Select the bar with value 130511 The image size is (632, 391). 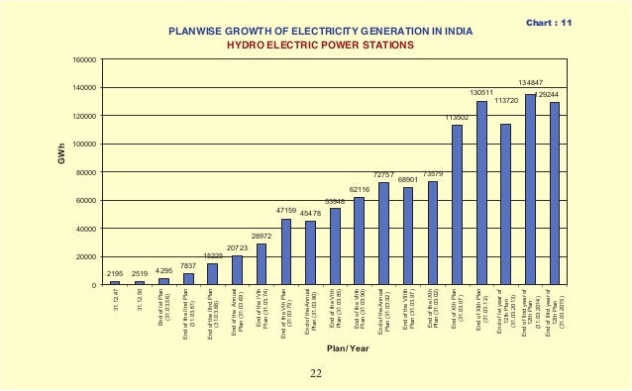[x=481, y=193]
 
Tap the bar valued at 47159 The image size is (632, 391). [x=286, y=251]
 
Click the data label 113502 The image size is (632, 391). [x=456, y=117]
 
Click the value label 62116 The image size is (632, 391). [x=359, y=188]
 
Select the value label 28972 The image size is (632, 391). [x=262, y=236]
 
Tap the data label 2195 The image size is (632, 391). [x=114, y=272]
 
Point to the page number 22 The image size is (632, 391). [x=314, y=373]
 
